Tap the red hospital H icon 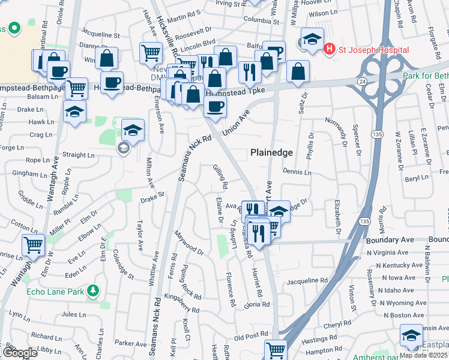point(329,48)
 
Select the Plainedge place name point(271,152)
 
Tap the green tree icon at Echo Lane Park point(92,292)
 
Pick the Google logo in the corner point(19,353)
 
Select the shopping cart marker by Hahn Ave point(151,52)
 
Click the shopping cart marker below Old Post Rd point(276,350)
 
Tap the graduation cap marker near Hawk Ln point(75,112)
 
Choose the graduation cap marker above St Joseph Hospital point(312,40)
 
